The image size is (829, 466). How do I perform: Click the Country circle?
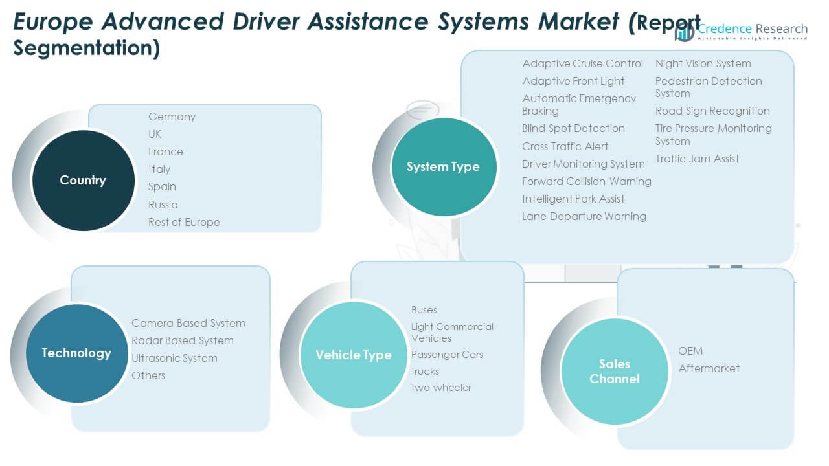82,180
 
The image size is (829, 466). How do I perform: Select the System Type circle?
443,166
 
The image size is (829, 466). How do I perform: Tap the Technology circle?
76,353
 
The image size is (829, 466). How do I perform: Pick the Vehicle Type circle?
353,355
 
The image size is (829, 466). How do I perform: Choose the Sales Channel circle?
614,371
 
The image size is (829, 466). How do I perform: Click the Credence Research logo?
742,30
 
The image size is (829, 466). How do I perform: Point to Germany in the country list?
172,116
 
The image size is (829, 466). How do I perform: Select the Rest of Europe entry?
184,222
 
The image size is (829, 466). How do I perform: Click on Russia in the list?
163,205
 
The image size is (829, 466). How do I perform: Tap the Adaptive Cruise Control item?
582,63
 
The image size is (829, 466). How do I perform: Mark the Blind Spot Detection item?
573,128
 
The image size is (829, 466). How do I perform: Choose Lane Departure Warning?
584,216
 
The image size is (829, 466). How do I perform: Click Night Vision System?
703,63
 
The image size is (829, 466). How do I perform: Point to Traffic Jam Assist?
697,159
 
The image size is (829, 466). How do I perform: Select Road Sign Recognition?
712,111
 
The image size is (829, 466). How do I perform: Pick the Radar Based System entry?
182,340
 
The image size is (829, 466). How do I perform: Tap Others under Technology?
148,375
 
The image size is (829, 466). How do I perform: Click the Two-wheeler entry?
441,387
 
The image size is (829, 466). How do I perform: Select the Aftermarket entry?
709,368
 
